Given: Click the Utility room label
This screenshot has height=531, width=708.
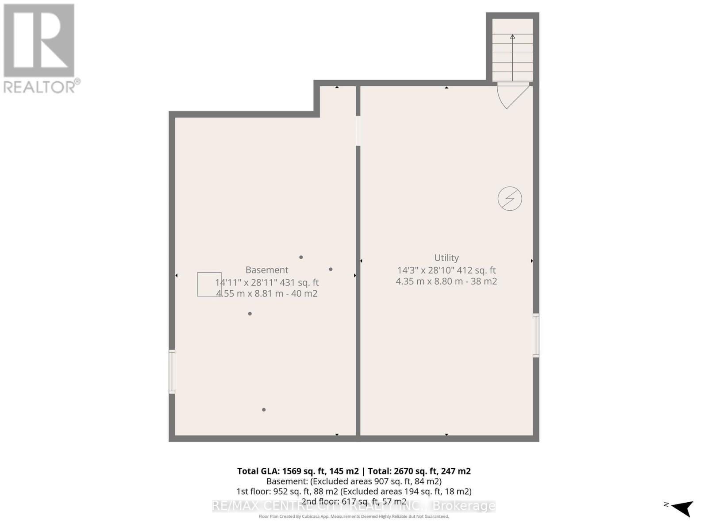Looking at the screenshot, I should click(446, 258).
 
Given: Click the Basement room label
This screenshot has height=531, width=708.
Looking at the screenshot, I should click(266, 270).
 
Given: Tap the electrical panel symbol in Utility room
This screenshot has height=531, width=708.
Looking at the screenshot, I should click(510, 199).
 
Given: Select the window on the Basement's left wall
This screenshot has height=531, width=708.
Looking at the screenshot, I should click(172, 372).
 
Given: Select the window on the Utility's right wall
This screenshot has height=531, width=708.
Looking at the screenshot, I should click(536, 335).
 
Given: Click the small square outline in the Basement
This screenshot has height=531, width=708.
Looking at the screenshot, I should click(209, 284).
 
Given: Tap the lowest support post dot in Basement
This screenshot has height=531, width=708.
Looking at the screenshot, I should click(264, 410).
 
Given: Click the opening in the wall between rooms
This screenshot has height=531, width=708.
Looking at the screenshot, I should click(358, 131).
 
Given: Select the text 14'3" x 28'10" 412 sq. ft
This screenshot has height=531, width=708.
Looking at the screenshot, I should click(446, 270).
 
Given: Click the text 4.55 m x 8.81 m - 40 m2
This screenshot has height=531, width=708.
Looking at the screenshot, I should click(266, 293).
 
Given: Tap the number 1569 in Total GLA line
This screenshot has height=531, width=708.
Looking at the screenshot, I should click(292, 471).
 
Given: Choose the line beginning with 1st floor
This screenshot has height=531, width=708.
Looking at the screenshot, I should click(354, 491).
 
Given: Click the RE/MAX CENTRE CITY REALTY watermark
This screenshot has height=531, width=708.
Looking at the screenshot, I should click(354, 506).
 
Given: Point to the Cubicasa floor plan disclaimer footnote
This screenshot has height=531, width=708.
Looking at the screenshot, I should click(354, 516).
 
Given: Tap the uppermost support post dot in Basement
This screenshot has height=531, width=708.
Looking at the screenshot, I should click(301, 257).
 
